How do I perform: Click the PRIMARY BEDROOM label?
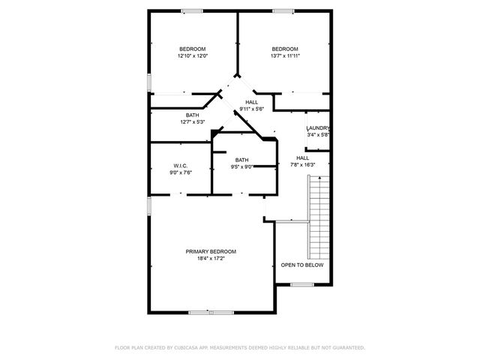pos(211,251)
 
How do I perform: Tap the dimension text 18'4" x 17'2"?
pos(211,258)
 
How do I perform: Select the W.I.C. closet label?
pos(180,166)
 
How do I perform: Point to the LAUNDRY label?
pos(318,128)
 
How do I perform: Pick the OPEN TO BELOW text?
pos(302,265)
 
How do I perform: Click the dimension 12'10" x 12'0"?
pos(193,55)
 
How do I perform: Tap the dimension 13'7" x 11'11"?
pos(285,55)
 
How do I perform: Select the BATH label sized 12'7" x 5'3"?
pos(193,115)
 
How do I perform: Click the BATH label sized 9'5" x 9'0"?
pos(241,160)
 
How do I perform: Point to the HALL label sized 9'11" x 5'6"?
pos(252,103)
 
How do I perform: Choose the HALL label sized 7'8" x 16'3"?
pos(302,157)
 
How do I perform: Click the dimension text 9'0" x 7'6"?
pos(181,172)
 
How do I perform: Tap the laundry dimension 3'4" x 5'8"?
pos(318,135)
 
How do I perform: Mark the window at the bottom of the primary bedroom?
pos(200,312)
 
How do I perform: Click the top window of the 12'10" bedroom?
pos(191,10)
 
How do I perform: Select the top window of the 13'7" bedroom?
pos(283,10)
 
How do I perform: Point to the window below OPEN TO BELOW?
pos(301,284)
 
